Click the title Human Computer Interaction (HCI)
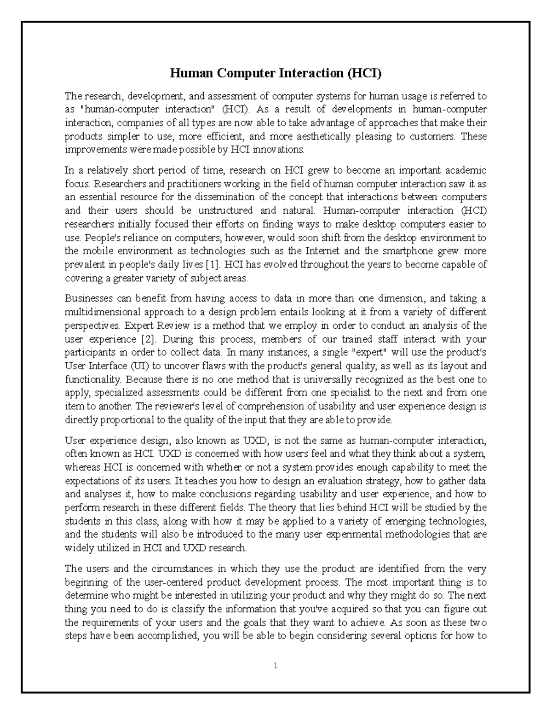point(276,73)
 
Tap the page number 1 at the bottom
point(275,665)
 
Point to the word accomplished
point(162,636)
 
